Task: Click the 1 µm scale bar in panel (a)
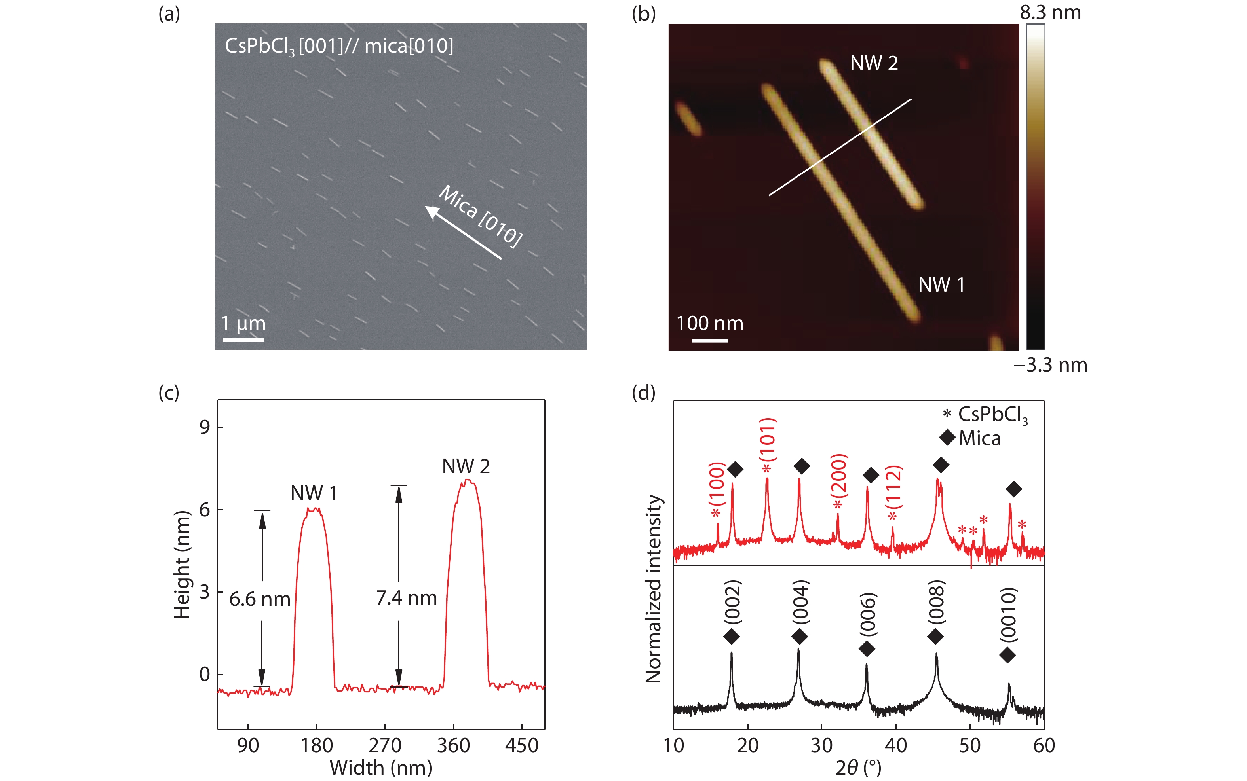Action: coord(243,340)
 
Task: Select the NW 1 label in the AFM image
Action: coord(941,284)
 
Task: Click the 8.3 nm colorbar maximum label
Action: coord(1050,12)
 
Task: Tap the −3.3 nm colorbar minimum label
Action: coord(1050,365)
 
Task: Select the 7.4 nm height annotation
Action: coord(406,598)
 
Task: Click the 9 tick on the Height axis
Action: coord(205,427)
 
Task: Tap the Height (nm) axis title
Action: coord(182,564)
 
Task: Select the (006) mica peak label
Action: coord(868,615)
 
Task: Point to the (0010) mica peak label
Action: coord(1008,615)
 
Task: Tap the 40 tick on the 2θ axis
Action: coord(895,745)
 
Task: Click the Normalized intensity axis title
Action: coord(654,589)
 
